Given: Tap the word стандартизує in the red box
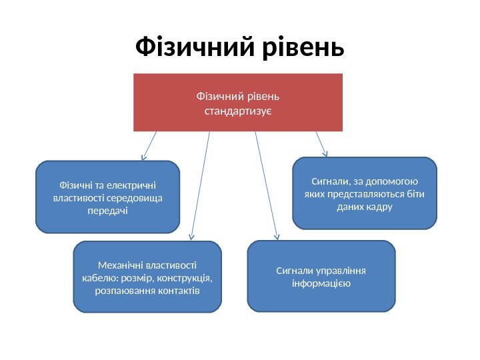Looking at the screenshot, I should (x=237, y=109).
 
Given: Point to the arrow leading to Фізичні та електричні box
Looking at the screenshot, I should (x=149, y=145).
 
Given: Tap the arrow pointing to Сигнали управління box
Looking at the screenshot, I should (x=267, y=184).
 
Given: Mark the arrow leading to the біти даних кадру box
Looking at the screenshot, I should (x=321, y=142).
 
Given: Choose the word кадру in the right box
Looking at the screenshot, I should (x=381, y=207).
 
